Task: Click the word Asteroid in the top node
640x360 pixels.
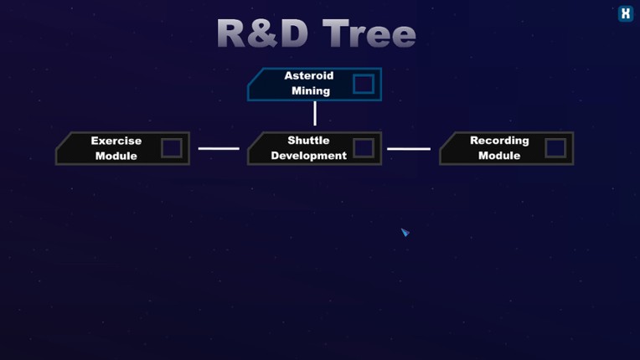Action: (308, 76)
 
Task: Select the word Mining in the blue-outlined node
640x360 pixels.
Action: (310, 91)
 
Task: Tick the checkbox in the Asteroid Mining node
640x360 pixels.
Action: (363, 84)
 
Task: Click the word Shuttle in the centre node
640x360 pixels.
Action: (308, 141)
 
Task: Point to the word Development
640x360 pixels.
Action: (308, 156)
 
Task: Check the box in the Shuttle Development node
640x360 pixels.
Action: (363, 148)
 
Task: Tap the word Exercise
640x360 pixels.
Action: (116, 141)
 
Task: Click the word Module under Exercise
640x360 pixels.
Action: (116, 156)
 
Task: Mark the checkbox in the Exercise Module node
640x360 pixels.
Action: (171, 148)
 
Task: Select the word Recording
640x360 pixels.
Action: (499, 141)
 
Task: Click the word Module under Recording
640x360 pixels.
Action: (499, 156)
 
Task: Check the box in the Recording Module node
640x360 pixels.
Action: (555, 148)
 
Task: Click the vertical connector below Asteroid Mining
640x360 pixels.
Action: (315, 113)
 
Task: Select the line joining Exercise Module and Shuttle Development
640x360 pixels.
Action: (219, 149)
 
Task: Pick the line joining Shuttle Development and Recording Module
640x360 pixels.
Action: (409, 149)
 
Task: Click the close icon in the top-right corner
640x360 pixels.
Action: (625, 13)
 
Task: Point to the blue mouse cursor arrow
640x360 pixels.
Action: (405, 232)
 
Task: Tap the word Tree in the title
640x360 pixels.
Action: (369, 34)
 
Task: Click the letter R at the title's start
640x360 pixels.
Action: (232, 34)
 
